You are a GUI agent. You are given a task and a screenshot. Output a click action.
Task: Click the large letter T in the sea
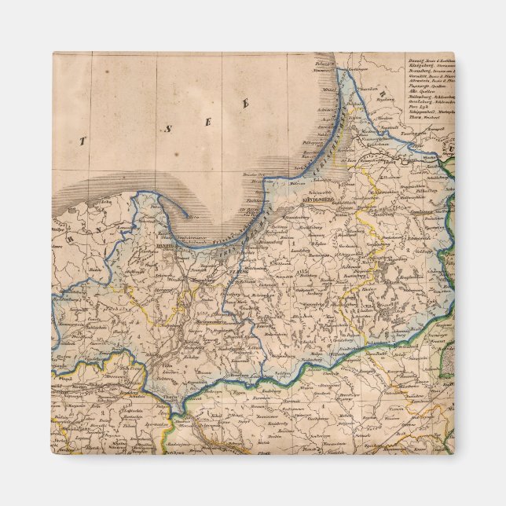[81, 141]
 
